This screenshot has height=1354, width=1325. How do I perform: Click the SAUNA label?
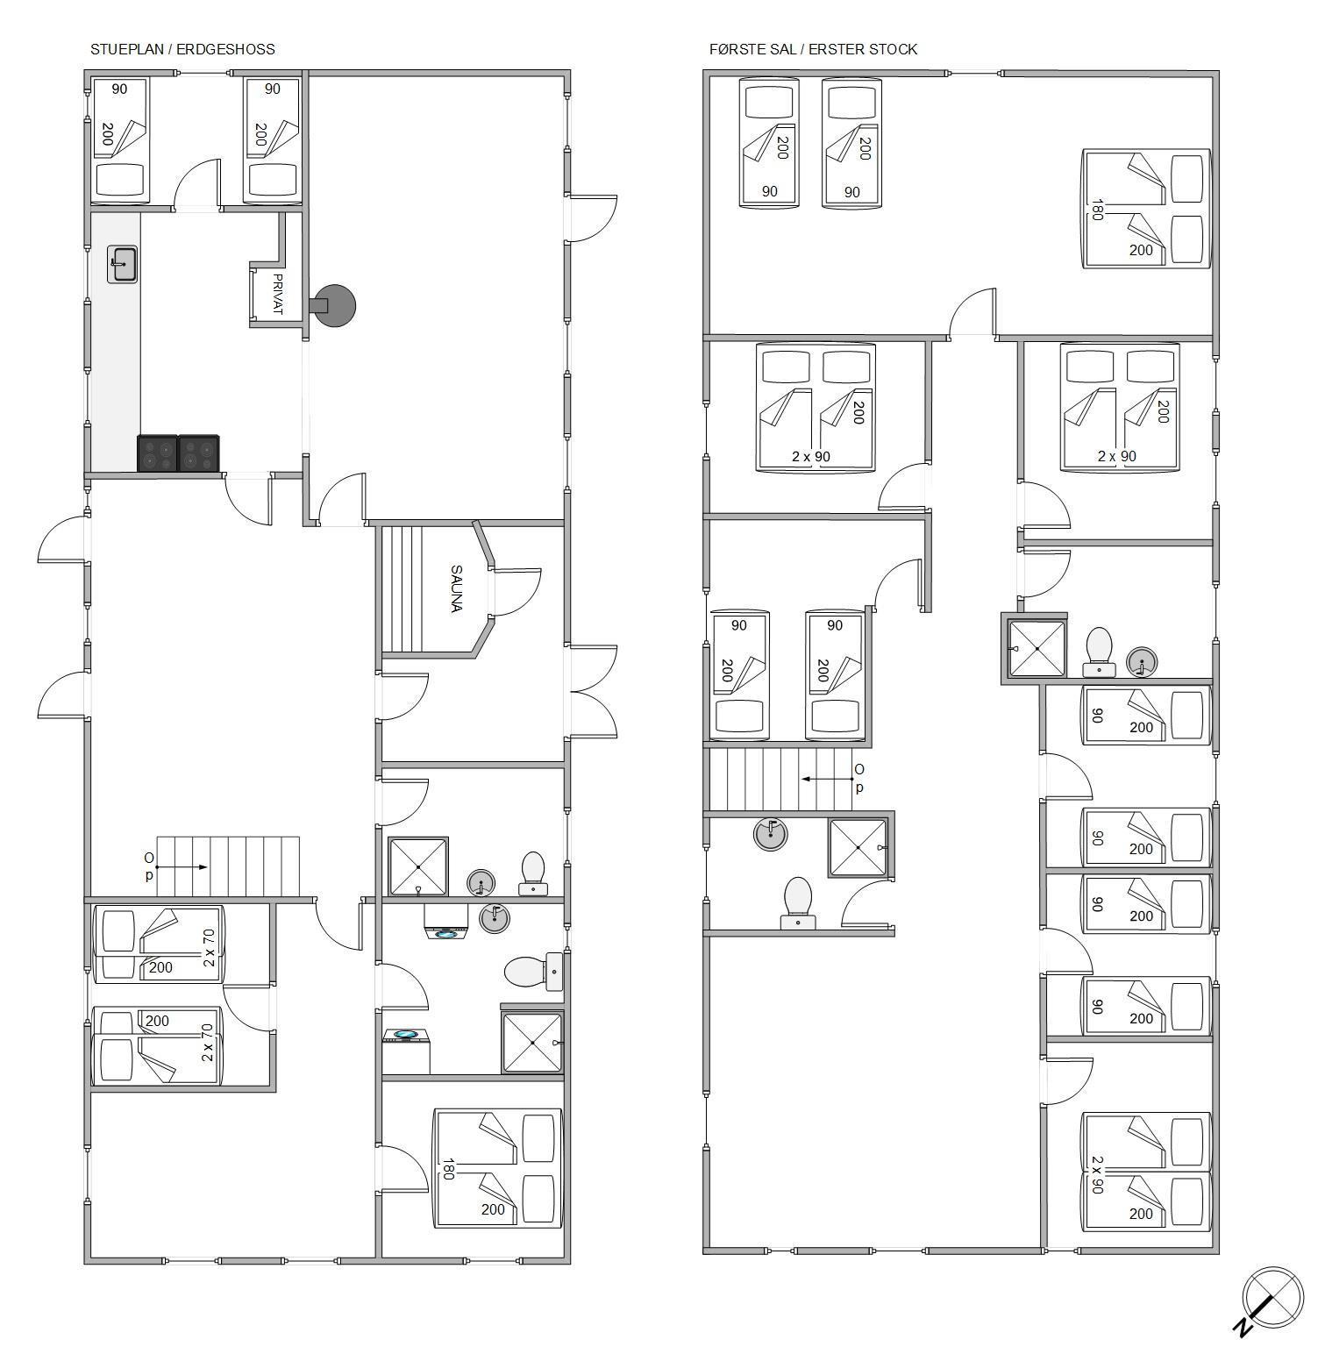click(456, 588)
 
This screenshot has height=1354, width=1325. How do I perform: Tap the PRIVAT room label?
click(278, 295)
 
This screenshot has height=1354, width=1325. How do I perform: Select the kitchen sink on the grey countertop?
click(123, 264)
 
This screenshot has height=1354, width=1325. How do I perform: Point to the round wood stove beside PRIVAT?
click(334, 305)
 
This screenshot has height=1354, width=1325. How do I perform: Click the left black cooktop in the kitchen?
click(158, 453)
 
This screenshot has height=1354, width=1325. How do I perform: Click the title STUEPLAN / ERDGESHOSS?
click(182, 49)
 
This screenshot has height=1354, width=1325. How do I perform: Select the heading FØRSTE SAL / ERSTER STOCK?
click(813, 49)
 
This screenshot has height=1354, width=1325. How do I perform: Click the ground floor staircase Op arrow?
click(182, 867)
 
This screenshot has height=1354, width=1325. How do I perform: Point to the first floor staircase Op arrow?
click(828, 778)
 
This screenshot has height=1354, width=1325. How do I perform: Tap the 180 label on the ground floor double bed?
click(448, 1169)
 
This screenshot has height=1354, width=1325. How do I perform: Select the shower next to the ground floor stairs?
click(418, 866)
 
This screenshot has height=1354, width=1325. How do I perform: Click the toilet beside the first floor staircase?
click(798, 903)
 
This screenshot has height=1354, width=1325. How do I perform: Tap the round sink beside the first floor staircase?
click(770, 833)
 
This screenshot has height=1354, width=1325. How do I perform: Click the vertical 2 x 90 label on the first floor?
click(1097, 1174)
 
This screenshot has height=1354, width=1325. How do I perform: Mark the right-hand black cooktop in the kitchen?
click(199, 453)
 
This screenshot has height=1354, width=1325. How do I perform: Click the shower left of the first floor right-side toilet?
click(1037, 648)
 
